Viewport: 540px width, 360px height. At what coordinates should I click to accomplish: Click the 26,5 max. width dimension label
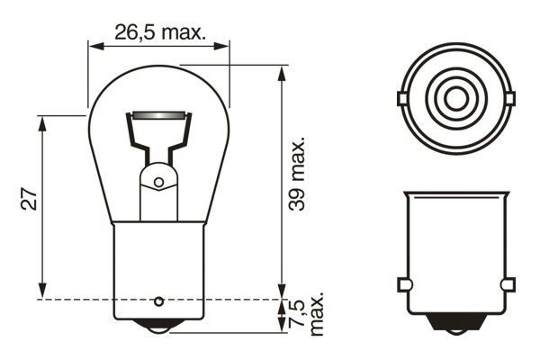coord(159,33)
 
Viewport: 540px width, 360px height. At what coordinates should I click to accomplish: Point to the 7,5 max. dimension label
coord(307,314)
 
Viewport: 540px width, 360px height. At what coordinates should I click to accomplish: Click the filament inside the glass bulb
coord(160,116)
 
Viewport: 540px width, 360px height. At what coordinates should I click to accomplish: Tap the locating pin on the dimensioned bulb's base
coord(160,300)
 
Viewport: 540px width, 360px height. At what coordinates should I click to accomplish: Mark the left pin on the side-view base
coord(403,285)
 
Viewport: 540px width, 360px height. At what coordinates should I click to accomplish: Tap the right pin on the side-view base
coord(508,285)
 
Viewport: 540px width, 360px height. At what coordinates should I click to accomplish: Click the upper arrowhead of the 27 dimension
coord(42,123)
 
